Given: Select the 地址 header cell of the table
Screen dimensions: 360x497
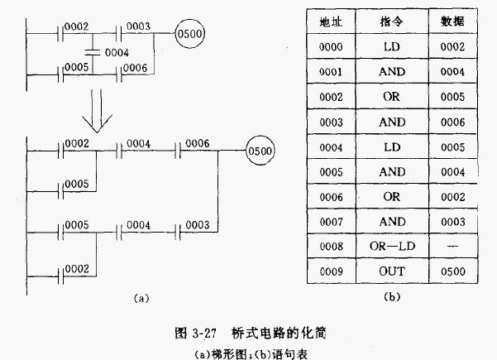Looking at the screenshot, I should click(331, 21).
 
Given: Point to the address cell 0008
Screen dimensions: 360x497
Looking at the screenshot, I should click(331, 247).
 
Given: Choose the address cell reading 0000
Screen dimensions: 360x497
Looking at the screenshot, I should click(331, 46).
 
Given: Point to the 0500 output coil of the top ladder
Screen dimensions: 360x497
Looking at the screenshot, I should click(189, 34).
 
